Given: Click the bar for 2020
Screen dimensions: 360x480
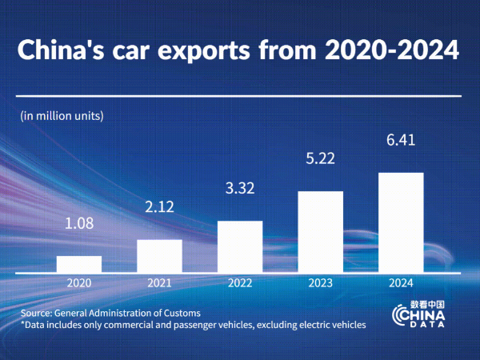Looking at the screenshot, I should pos(79,265).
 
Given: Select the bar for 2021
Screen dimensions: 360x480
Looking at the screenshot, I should pos(159,256).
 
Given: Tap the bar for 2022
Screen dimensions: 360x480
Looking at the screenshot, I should pos(240,247).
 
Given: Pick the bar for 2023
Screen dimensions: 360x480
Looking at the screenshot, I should pos(320,232).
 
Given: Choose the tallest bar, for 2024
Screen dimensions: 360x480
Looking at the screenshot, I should pos(401,223).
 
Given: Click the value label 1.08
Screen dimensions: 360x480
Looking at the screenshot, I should pos(79,223).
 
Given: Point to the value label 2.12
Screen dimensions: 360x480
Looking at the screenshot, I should pos(159,209).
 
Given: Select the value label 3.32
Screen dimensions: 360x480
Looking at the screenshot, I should pos(240,189).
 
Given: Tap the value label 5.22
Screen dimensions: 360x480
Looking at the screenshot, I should pos(320,160).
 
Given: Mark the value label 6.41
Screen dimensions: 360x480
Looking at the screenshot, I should pos(401,142).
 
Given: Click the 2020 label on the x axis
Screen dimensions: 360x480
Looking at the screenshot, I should pos(79,283).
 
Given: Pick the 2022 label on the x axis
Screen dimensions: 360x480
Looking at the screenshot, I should pos(240,283).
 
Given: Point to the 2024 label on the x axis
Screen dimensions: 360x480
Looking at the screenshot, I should pos(401,283).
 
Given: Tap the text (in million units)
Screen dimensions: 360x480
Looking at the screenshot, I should pos(62,115).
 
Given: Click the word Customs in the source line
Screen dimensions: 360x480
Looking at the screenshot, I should pos(180,313).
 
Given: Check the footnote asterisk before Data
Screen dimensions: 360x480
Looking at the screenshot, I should pos(23,324).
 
